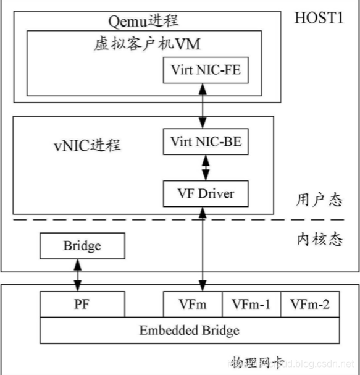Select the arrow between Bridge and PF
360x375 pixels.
pyautogui.click(x=78, y=276)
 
